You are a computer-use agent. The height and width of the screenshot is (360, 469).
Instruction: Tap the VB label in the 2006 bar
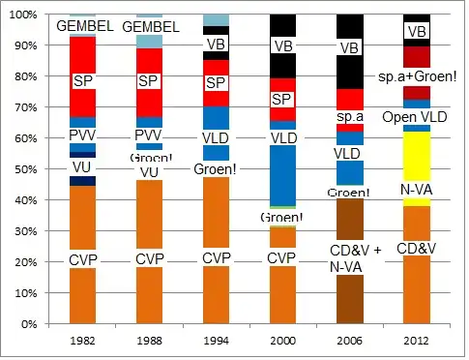(350, 47)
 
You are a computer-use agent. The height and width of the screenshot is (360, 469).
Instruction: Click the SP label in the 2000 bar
(282, 99)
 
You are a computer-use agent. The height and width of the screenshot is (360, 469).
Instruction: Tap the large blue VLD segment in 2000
(282, 174)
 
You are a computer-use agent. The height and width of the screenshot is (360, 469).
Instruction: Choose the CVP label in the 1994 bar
(216, 258)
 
